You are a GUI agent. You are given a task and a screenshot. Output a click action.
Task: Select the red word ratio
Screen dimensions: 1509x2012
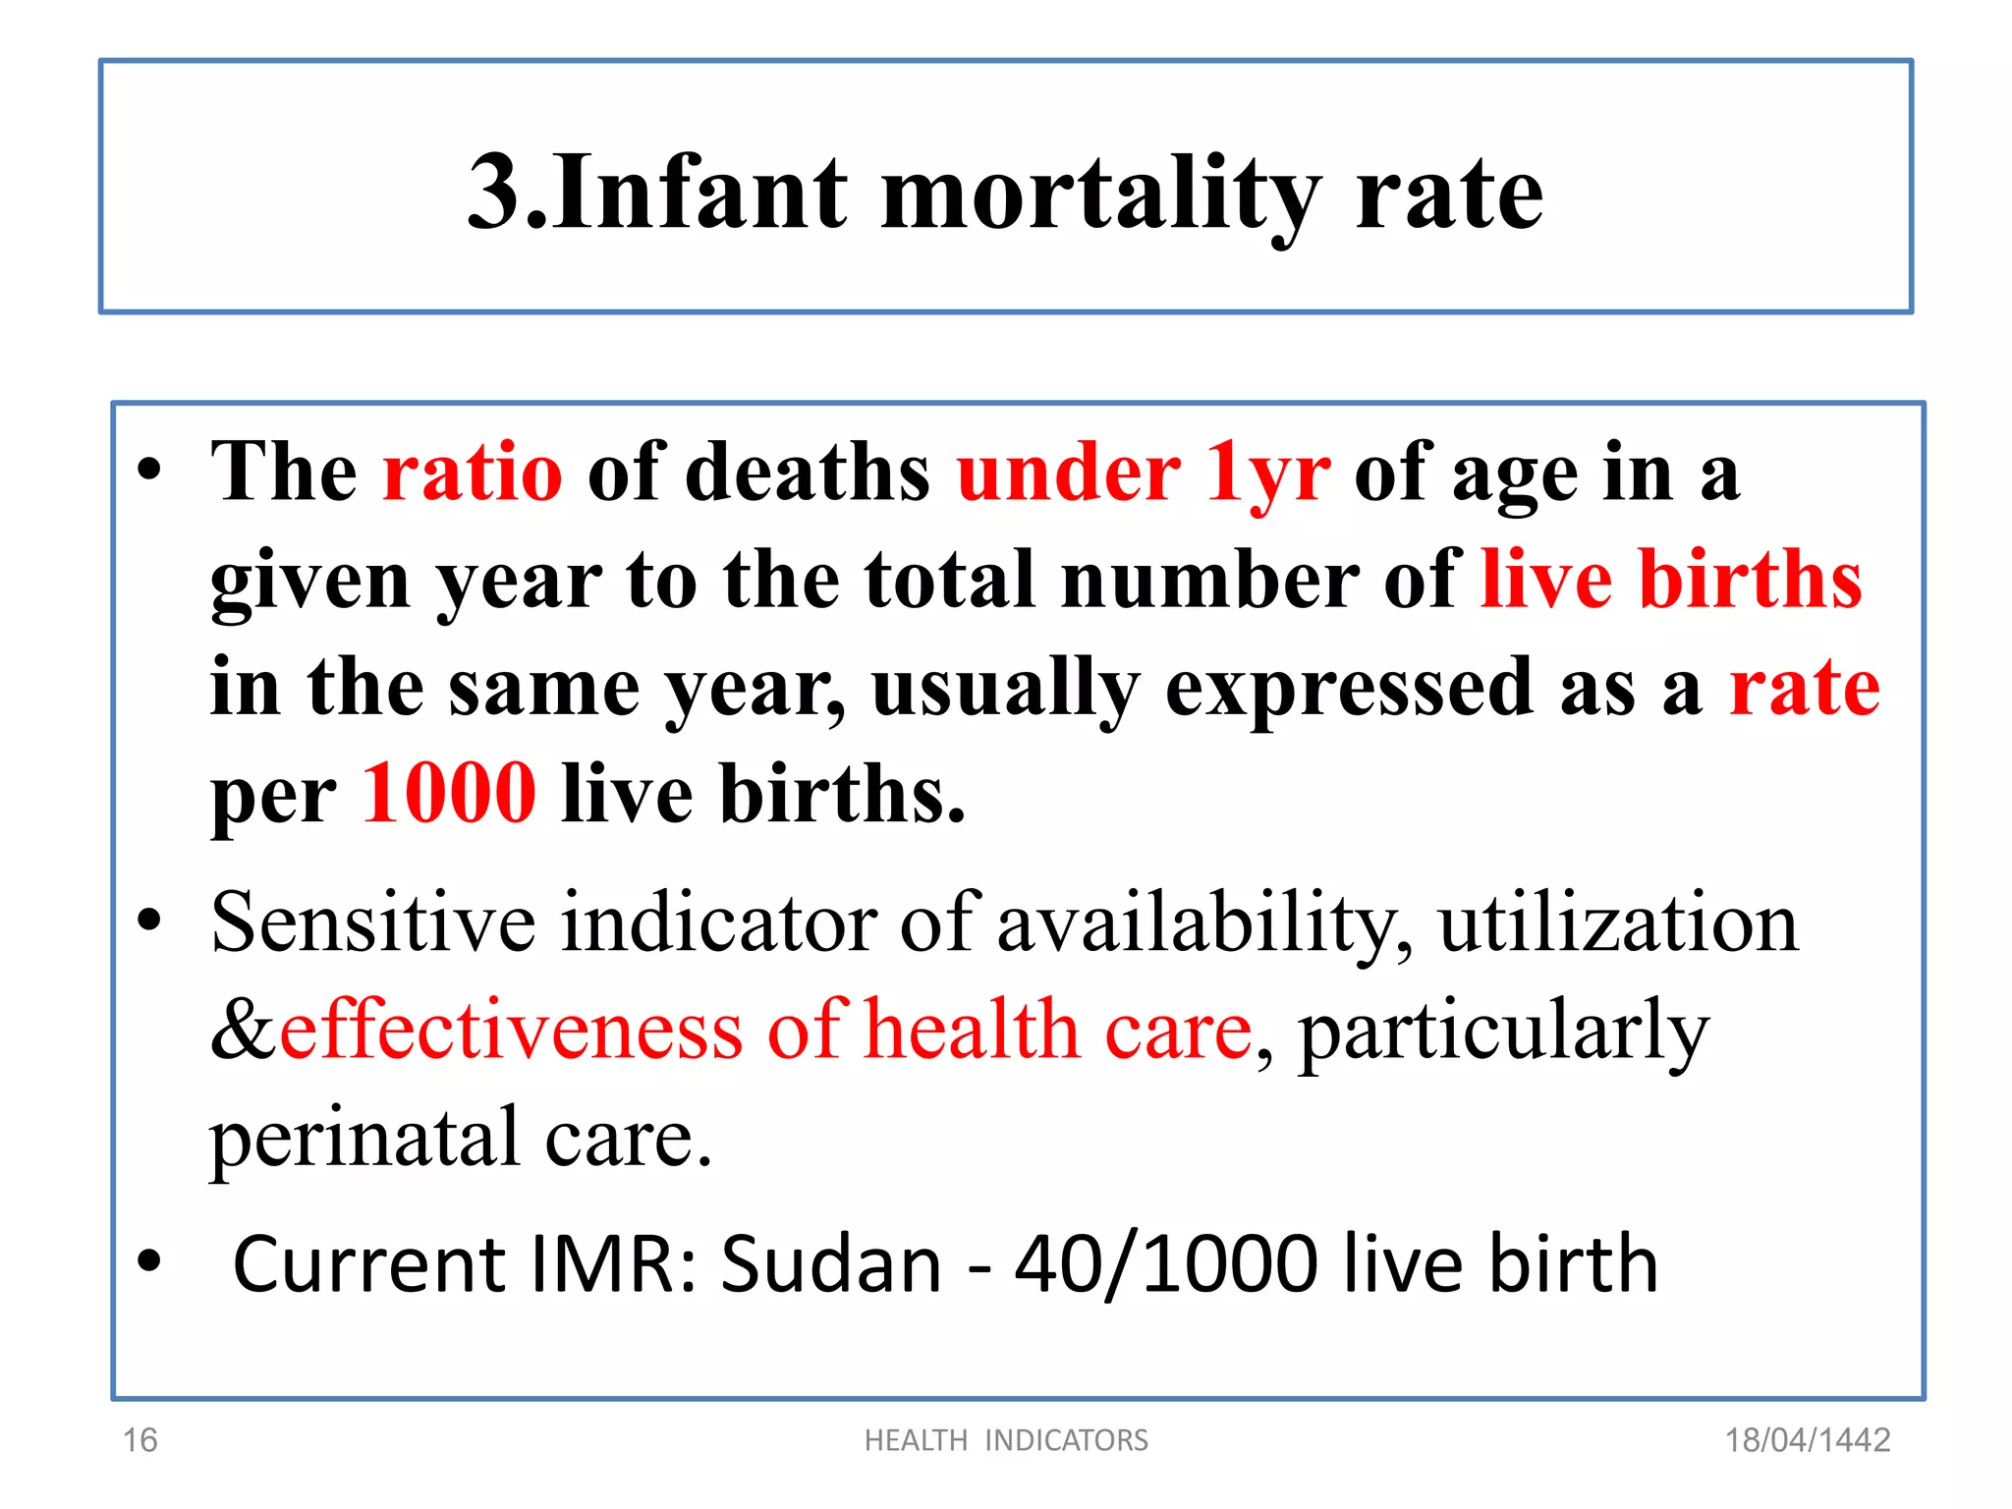[x=473, y=473]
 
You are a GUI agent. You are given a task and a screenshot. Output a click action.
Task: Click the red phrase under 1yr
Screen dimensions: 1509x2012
[x=1144, y=473]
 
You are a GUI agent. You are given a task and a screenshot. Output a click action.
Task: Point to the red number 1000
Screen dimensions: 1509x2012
[x=449, y=793]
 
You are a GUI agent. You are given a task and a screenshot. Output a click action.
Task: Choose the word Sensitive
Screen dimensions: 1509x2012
[x=373, y=923]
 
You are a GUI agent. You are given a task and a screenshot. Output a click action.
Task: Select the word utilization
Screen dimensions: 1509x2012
[x=1618, y=923]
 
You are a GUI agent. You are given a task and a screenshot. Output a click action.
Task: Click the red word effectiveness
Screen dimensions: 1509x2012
[x=511, y=1031]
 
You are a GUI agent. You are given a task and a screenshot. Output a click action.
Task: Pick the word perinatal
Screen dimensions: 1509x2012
[x=364, y=1138]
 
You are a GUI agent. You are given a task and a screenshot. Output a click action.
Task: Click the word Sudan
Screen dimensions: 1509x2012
[x=831, y=1264]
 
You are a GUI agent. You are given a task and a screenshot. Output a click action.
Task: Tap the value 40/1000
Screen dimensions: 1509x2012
[x=1166, y=1264]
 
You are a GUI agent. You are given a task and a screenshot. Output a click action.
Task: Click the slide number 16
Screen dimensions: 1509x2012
[x=140, y=1440]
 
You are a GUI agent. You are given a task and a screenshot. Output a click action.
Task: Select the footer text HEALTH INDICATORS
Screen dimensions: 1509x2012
[x=1006, y=1440]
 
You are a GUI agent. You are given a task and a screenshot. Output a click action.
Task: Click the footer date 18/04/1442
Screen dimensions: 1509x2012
[x=1808, y=1440]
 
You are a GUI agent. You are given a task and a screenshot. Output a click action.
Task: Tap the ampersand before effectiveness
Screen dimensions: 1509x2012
[x=244, y=1031]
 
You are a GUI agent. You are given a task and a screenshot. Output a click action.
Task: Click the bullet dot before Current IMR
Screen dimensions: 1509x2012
[x=149, y=1260]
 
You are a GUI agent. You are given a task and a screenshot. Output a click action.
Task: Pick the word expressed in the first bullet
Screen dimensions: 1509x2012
[x=1349, y=687]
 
